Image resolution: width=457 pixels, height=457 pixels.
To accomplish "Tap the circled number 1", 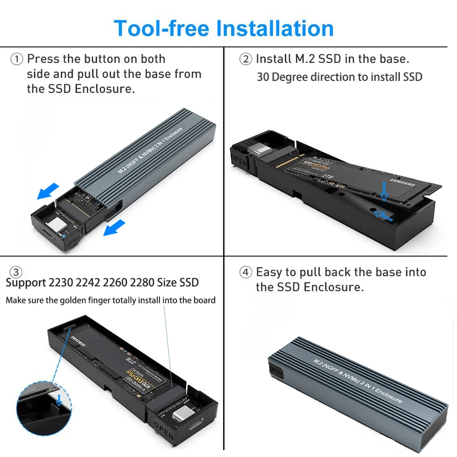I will [x=16, y=59].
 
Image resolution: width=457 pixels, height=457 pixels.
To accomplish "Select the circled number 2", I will [x=245, y=59].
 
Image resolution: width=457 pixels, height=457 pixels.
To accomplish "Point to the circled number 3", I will [x=16, y=273].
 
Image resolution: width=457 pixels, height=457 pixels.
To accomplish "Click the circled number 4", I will [x=245, y=273].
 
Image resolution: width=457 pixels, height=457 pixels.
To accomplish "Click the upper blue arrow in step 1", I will [x=48, y=191].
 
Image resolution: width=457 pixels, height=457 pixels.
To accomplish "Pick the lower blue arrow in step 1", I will [x=114, y=227].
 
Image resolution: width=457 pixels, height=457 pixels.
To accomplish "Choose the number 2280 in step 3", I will [x=143, y=282].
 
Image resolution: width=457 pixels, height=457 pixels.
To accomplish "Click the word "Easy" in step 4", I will [x=269, y=272].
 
